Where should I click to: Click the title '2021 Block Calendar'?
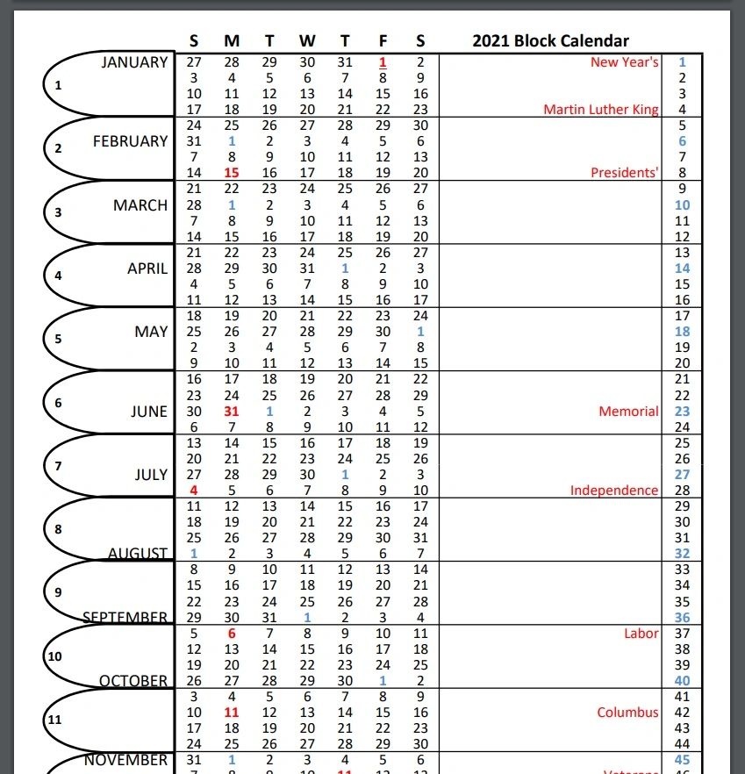[550, 41]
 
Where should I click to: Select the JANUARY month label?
[134, 62]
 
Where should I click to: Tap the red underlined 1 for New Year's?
[383, 62]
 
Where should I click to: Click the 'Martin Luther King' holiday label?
[601, 110]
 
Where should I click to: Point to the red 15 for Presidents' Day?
[232, 173]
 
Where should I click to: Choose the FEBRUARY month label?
[130, 141]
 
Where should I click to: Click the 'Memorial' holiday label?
[628, 412]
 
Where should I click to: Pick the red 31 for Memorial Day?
[232, 412]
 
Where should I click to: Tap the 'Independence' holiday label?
[614, 491]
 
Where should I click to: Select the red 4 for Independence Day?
[194, 491]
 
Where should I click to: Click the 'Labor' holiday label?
[641, 634]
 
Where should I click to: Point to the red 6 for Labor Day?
[232, 634]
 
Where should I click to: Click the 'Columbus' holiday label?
[627, 713]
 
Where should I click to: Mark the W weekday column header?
[307, 41]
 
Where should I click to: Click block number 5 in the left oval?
[59, 339]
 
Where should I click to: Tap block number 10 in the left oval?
[54, 656]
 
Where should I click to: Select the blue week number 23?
[683, 412]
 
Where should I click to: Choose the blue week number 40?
[683, 681]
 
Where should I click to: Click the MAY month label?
[151, 332]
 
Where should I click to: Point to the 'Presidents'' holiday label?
[624, 173]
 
